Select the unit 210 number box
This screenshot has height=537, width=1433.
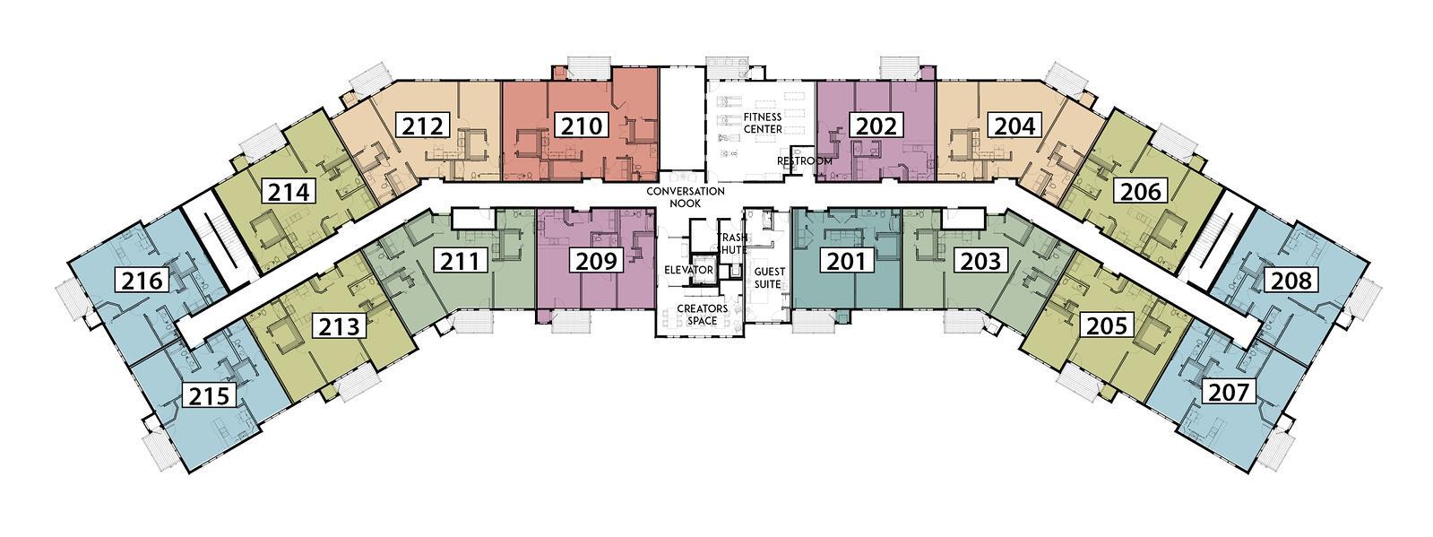(x=581, y=126)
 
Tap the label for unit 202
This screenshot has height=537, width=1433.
(x=876, y=126)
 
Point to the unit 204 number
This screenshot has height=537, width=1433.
(x=1015, y=126)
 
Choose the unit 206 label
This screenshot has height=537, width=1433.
(x=1141, y=191)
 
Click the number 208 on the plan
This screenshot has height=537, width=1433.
(x=1291, y=280)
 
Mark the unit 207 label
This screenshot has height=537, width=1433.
(x=1230, y=392)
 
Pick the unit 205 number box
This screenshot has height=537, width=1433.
(x=1108, y=325)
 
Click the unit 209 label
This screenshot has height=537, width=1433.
(x=596, y=261)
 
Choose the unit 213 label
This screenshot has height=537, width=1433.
(x=339, y=326)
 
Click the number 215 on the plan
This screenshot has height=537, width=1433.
(x=209, y=395)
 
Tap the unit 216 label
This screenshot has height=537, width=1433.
(x=142, y=280)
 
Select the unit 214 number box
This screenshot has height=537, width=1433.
(x=289, y=191)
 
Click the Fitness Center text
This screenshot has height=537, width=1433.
(x=762, y=123)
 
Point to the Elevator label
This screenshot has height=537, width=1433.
(x=688, y=270)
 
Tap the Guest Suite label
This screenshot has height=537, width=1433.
(x=768, y=278)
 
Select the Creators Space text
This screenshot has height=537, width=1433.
(x=702, y=315)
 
